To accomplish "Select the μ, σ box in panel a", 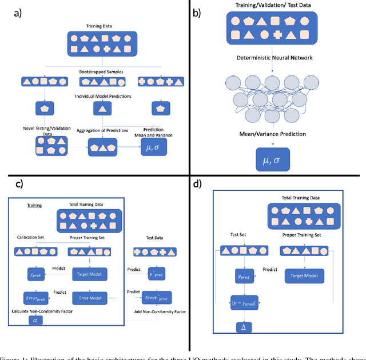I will [x=153, y=149].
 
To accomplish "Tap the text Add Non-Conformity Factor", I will [x=159, y=311].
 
